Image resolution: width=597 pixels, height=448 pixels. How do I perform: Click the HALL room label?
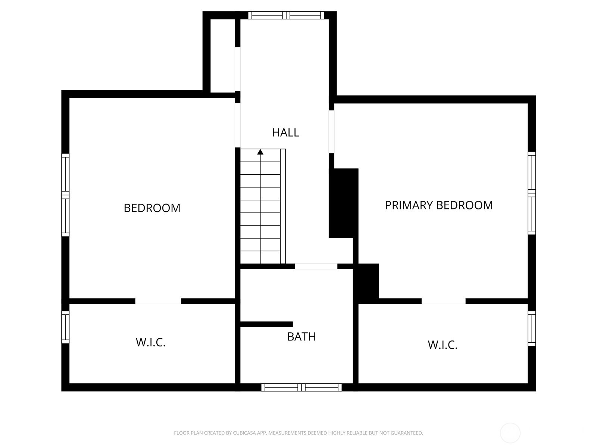285,133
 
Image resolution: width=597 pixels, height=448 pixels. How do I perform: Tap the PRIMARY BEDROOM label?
438,205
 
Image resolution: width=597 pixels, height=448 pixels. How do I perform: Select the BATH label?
301,337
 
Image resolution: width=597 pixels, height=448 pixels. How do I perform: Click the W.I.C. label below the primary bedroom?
442,345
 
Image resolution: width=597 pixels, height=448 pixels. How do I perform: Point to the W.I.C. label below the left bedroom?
150,342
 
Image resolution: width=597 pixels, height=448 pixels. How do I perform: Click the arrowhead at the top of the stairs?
260,152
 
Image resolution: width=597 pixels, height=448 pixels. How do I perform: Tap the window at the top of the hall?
286,15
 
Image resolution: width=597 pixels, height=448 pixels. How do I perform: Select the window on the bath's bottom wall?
301,387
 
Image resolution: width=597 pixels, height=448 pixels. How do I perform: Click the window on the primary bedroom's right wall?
532,193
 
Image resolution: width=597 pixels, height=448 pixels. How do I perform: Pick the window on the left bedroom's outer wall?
65,195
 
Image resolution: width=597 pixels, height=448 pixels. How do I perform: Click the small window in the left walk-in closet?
65,327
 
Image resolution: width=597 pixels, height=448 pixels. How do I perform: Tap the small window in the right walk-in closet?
532,329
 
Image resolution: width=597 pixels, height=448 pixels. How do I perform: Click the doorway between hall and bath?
316,266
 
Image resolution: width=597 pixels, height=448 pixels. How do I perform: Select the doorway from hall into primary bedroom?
332,132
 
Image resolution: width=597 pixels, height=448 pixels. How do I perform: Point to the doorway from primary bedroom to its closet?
444,301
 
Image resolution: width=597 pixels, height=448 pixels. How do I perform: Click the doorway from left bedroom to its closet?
158,301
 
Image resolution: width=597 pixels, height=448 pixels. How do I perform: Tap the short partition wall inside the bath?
266,324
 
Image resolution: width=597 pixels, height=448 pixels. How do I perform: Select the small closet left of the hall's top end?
223,56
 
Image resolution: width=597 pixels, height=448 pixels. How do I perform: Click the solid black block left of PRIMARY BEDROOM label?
344,203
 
